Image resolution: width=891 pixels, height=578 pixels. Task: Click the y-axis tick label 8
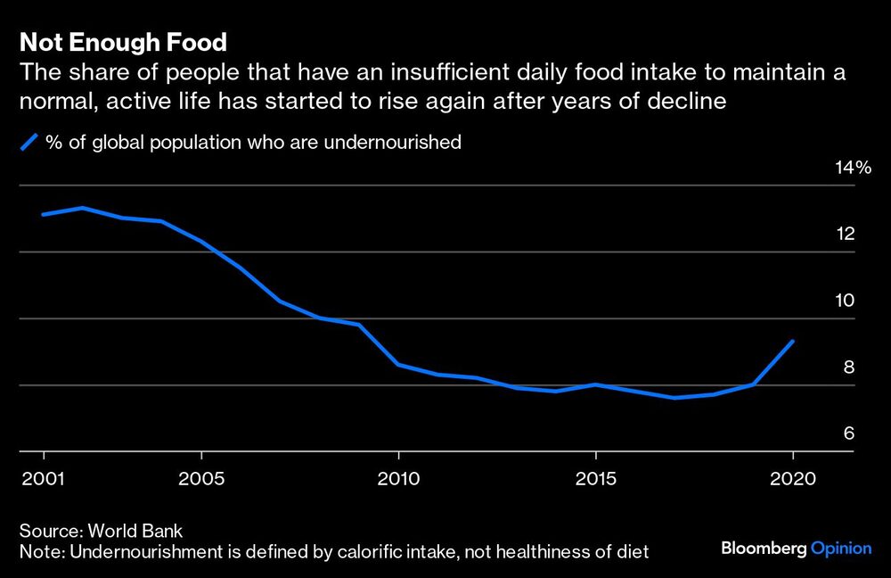pos(849,367)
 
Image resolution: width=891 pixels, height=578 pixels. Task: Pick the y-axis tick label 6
pos(849,434)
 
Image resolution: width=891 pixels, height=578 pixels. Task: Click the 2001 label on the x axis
pos(41,478)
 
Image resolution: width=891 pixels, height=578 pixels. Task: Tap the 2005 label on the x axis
pos(200,478)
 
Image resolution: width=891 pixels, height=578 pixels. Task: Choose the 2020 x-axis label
pos(792,478)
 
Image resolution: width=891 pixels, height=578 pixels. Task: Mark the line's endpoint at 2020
pos(793,341)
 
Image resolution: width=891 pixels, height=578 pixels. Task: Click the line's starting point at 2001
pos(42,214)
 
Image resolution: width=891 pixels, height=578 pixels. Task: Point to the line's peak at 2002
pos(82,208)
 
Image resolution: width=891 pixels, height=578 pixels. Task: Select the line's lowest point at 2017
pos(674,398)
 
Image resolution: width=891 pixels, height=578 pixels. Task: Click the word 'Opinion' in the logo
pos(841,549)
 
